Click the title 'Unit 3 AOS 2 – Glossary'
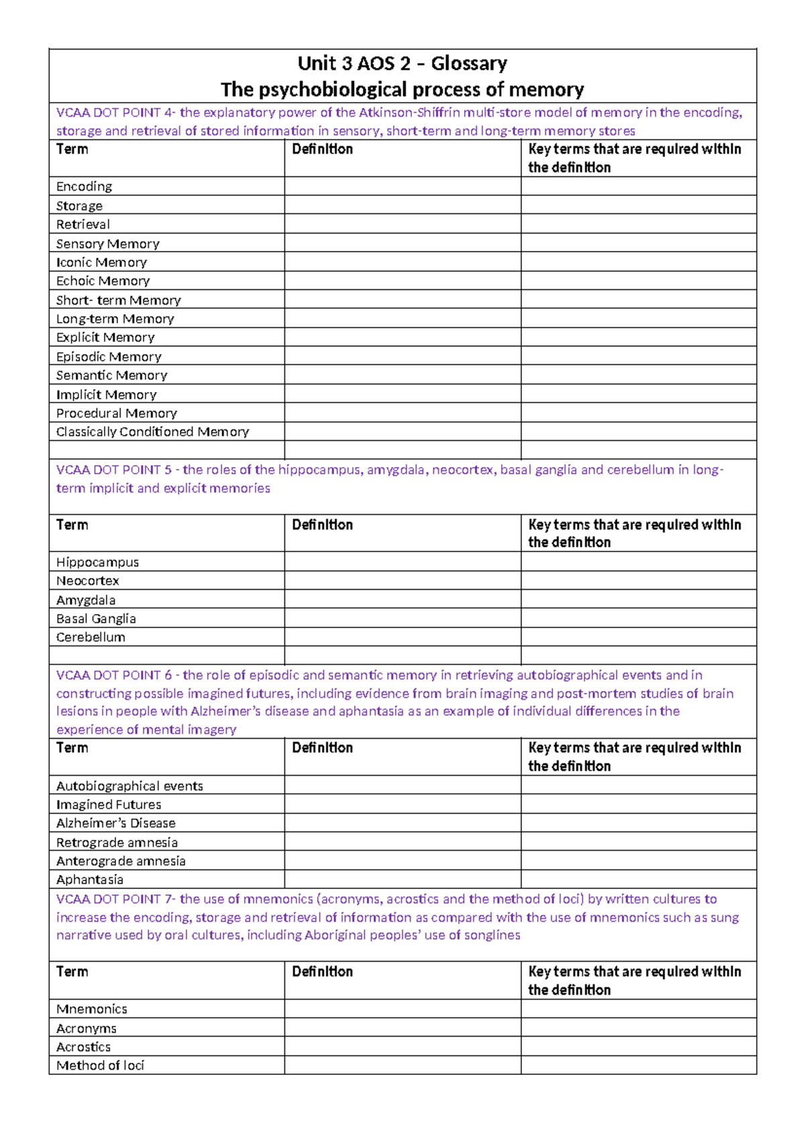[402, 64]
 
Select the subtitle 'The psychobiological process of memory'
[402, 89]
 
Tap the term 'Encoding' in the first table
[84, 187]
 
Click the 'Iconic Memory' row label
[101, 262]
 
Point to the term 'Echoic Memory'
[103, 281]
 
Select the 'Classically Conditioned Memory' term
[152, 431]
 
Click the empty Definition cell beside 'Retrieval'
[402, 224]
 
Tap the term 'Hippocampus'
[97, 562]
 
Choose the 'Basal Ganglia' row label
[96, 619]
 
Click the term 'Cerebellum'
[91, 637]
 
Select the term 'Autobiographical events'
[129, 786]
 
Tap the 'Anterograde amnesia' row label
[121, 861]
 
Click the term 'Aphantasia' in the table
[90, 880]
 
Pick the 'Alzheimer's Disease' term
[116, 823]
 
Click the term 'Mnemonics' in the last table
[91, 1009]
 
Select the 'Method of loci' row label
[100, 1066]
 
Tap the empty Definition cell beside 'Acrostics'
[402, 1047]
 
